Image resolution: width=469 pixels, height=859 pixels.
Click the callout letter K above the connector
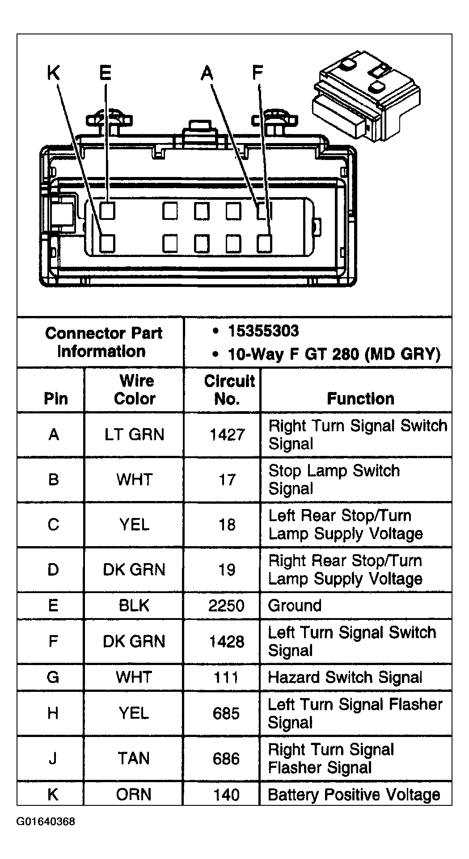(53, 72)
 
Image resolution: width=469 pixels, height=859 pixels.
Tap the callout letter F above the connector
(258, 72)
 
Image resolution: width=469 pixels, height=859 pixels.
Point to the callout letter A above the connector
(207, 72)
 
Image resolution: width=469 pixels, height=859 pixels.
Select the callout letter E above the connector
(106, 72)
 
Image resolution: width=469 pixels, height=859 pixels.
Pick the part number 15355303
(263, 331)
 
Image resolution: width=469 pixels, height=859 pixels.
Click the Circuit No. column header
(229, 390)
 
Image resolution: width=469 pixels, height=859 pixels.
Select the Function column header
(360, 399)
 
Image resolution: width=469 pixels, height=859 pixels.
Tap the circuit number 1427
(227, 435)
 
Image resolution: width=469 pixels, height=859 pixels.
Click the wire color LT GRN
(134, 435)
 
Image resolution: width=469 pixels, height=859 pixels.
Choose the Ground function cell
(295, 606)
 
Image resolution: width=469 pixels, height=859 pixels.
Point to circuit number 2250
(226, 606)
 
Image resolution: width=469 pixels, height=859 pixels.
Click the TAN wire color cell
(134, 758)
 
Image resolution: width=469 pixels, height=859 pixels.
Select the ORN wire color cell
(134, 795)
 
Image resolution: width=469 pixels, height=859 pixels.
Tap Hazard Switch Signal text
(345, 678)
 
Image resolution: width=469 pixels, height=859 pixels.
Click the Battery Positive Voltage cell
(354, 795)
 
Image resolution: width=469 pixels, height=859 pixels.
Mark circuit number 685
(226, 713)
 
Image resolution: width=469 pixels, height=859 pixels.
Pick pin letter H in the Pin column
(53, 713)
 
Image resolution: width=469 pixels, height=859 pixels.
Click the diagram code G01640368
(46, 821)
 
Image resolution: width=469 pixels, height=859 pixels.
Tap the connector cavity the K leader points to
(107, 244)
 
